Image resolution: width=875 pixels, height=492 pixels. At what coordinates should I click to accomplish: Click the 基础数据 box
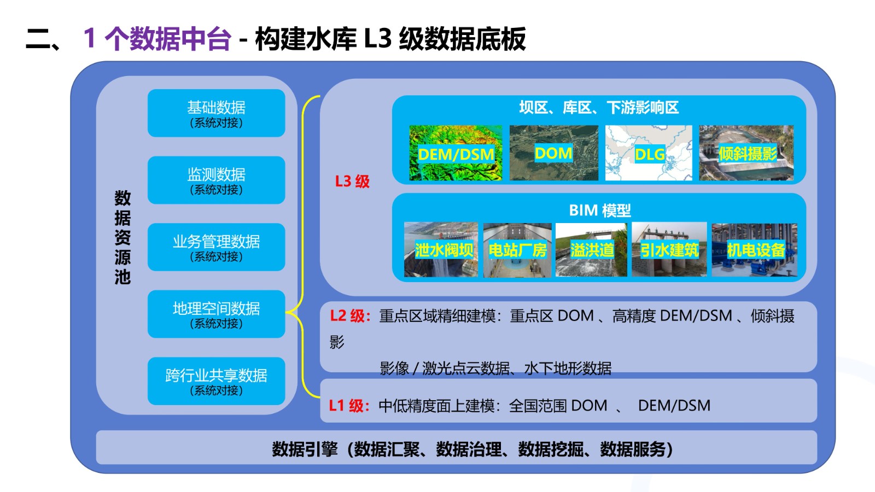(217, 113)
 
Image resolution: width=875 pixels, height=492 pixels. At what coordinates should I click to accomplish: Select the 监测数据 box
(217, 180)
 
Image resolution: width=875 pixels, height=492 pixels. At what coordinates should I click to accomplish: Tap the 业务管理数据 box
(217, 247)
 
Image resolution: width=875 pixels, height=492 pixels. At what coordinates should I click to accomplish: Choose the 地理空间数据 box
(217, 314)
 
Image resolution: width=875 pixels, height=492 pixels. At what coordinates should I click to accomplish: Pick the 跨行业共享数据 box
(217, 381)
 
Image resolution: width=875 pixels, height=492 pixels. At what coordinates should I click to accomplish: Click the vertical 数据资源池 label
(122, 237)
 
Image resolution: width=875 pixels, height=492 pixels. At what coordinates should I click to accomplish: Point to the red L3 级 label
(352, 181)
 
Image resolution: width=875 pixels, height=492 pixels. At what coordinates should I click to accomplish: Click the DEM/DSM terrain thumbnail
(456, 153)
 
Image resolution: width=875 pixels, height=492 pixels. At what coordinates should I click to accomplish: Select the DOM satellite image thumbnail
(554, 153)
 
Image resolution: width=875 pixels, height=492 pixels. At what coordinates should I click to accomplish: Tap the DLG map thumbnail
(649, 153)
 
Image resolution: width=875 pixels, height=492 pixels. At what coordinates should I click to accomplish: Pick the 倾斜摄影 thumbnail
(746, 153)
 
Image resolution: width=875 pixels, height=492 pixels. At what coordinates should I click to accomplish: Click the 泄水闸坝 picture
(441, 250)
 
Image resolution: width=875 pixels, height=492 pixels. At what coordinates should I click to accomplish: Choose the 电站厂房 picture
(517, 250)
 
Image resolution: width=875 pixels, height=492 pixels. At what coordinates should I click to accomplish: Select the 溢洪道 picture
(591, 250)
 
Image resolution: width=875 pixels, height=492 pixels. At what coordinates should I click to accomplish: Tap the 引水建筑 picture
(669, 250)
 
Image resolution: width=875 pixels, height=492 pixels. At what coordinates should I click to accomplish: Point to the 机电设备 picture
(755, 250)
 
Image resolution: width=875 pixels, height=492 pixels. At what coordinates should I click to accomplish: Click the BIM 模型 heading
(599, 210)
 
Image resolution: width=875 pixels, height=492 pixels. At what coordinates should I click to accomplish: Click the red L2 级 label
(350, 316)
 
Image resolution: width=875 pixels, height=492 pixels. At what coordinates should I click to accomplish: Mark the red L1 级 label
(349, 406)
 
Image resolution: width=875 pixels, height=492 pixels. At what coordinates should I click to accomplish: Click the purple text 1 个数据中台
(157, 39)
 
